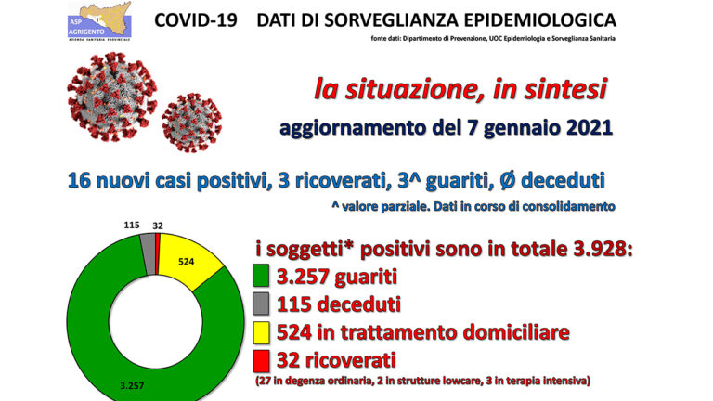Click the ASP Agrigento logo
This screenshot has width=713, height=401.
tap(99, 21)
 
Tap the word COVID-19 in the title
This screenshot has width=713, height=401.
tap(196, 20)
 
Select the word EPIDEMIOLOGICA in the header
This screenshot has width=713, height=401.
tap(540, 20)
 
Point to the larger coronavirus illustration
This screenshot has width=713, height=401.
tap(111, 97)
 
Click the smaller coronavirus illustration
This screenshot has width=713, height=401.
tap(192, 123)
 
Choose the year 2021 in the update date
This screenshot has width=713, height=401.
tap(589, 127)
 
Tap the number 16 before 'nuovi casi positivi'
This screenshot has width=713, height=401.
tap(79, 180)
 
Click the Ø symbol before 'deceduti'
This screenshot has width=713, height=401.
tap(508, 180)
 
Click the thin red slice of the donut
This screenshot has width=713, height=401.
tap(157, 253)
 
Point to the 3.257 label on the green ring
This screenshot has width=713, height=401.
tap(132, 385)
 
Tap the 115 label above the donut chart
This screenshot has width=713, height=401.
tap(132, 225)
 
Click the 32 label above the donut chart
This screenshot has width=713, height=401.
tap(158, 226)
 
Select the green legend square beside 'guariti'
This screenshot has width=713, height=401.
tap(261, 276)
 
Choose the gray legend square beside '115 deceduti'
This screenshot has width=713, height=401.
tap(261, 304)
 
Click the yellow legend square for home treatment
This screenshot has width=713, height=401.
tap(261, 332)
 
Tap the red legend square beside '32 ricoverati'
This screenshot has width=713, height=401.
tap(261, 360)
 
